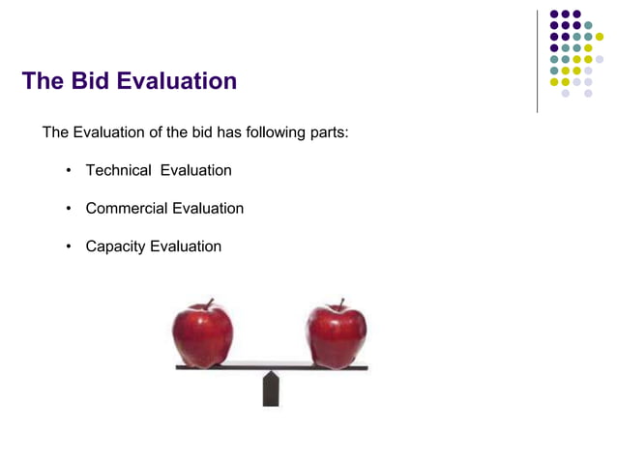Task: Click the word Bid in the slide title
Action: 90,80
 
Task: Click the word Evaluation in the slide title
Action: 176,80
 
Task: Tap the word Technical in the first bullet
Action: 118,170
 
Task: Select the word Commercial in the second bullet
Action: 127,208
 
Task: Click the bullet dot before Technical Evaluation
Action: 69,171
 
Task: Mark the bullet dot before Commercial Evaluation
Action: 69,209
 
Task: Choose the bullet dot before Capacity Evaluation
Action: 69,246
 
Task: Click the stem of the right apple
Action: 340,303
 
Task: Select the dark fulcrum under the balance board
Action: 271,389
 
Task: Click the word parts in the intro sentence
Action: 327,131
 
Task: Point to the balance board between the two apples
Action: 271,367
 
